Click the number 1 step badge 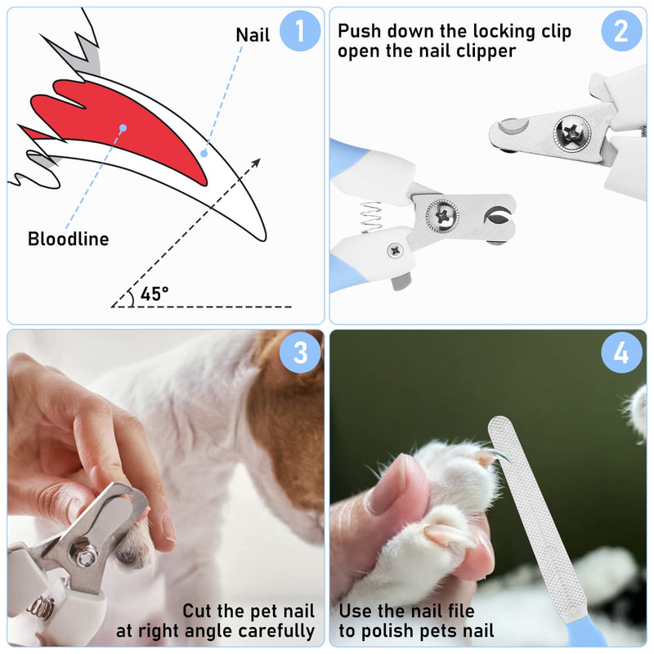pos(300,31)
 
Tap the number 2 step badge pos(621,31)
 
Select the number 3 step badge pos(300,353)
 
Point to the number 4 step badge pos(621,353)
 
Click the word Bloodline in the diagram pos(69,239)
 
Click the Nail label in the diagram pos(253,34)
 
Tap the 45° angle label pos(155,294)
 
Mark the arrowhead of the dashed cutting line pos(256,162)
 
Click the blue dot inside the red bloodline pos(123,128)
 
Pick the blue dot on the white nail pos(204,154)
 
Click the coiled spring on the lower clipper pos(371,217)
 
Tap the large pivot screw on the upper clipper pos(571,132)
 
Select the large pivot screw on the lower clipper pos(442,216)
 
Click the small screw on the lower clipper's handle pos(395,250)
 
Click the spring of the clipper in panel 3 pos(41,607)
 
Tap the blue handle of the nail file pos(586,630)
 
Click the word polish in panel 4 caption pos(385,631)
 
